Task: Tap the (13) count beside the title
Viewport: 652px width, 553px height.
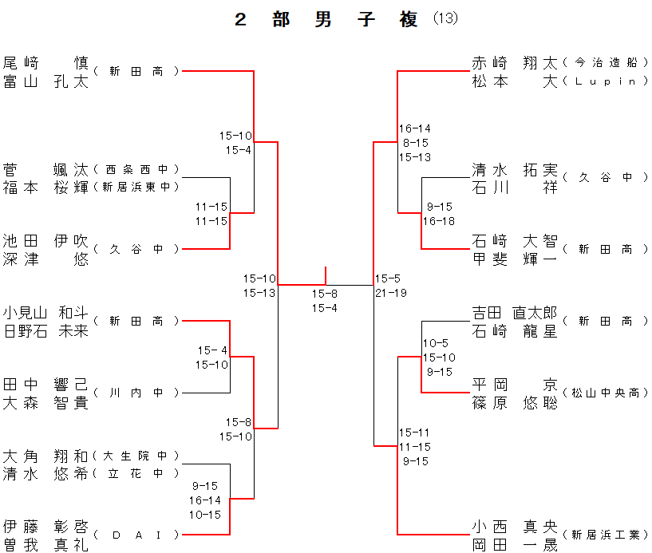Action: pyautogui.click(x=445, y=19)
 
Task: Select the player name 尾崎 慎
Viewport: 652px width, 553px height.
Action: pyautogui.click(x=45, y=62)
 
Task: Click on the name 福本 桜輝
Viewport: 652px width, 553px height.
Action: pyautogui.click(x=45, y=187)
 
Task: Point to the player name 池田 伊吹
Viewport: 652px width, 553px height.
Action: pyautogui.click(x=45, y=241)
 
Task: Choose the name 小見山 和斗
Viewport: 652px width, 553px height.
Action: pyautogui.click(x=45, y=312)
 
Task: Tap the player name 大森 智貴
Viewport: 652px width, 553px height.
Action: pyautogui.click(x=45, y=402)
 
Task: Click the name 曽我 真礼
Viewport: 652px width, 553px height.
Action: pyautogui.click(x=45, y=544)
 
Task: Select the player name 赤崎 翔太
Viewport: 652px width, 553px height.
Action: pyautogui.click(x=515, y=62)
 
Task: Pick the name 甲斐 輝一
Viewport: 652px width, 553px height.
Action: pyautogui.click(x=515, y=259)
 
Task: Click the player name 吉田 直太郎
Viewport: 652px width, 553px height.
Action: pyautogui.click(x=515, y=313)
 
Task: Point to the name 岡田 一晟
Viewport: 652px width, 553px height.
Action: pyautogui.click(x=515, y=544)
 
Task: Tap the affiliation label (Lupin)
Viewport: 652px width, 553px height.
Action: pyautogui.click(x=605, y=81)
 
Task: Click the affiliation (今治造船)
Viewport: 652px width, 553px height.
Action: pyautogui.click(x=605, y=62)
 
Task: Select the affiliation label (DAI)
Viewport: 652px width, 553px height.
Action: pyautogui.click(x=136, y=535)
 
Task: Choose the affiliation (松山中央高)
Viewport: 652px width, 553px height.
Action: pyautogui.click(x=605, y=393)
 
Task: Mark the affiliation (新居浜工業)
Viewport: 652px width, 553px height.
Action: pyautogui.click(x=605, y=535)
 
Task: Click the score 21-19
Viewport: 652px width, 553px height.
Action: pyautogui.click(x=391, y=293)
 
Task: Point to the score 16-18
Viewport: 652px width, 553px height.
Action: pyautogui.click(x=439, y=221)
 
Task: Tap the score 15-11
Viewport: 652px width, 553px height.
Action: pyautogui.click(x=415, y=433)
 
